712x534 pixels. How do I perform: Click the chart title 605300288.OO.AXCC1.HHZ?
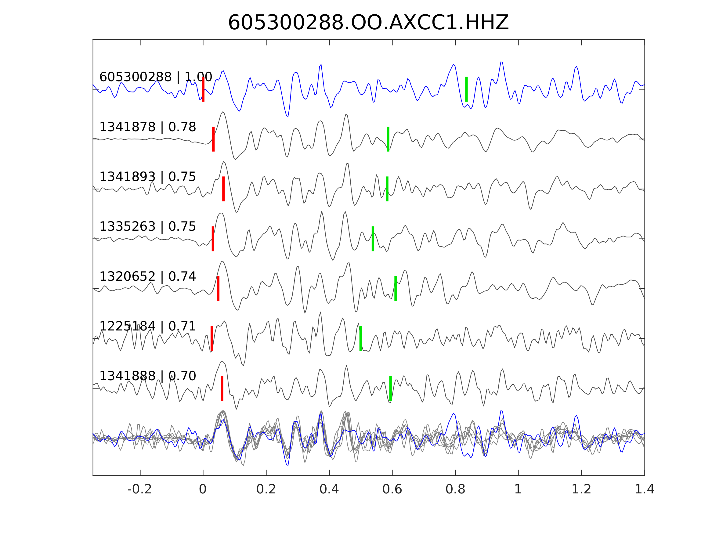[x=368, y=23]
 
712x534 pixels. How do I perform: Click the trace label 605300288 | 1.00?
[x=156, y=77]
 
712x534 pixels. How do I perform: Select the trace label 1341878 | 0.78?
[x=148, y=127]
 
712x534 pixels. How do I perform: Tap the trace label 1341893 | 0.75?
[x=148, y=177]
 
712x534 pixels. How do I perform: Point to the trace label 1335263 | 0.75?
[x=148, y=227]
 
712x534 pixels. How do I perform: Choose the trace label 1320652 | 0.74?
[x=148, y=276]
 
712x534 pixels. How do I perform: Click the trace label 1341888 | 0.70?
[x=148, y=376]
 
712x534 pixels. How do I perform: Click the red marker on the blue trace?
[x=203, y=89]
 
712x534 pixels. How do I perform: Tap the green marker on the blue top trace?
[x=466, y=89]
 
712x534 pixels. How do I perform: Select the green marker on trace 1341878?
[x=388, y=139]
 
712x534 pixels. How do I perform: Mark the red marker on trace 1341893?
[x=223, y=189]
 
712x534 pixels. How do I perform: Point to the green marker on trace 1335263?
[x=373, y=239]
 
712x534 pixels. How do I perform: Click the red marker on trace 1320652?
[x=218, y=288]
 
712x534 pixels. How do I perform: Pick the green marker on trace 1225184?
[x=360, y=338]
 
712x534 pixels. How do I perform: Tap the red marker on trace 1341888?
[x=222, y=388]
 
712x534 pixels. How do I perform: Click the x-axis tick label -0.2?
[x=140, y=489]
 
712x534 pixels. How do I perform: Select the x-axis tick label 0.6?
[x=392, y=489]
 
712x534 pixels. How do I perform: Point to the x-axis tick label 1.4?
[x=645, y=489]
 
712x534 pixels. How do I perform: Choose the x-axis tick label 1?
[x=518, y=489]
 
